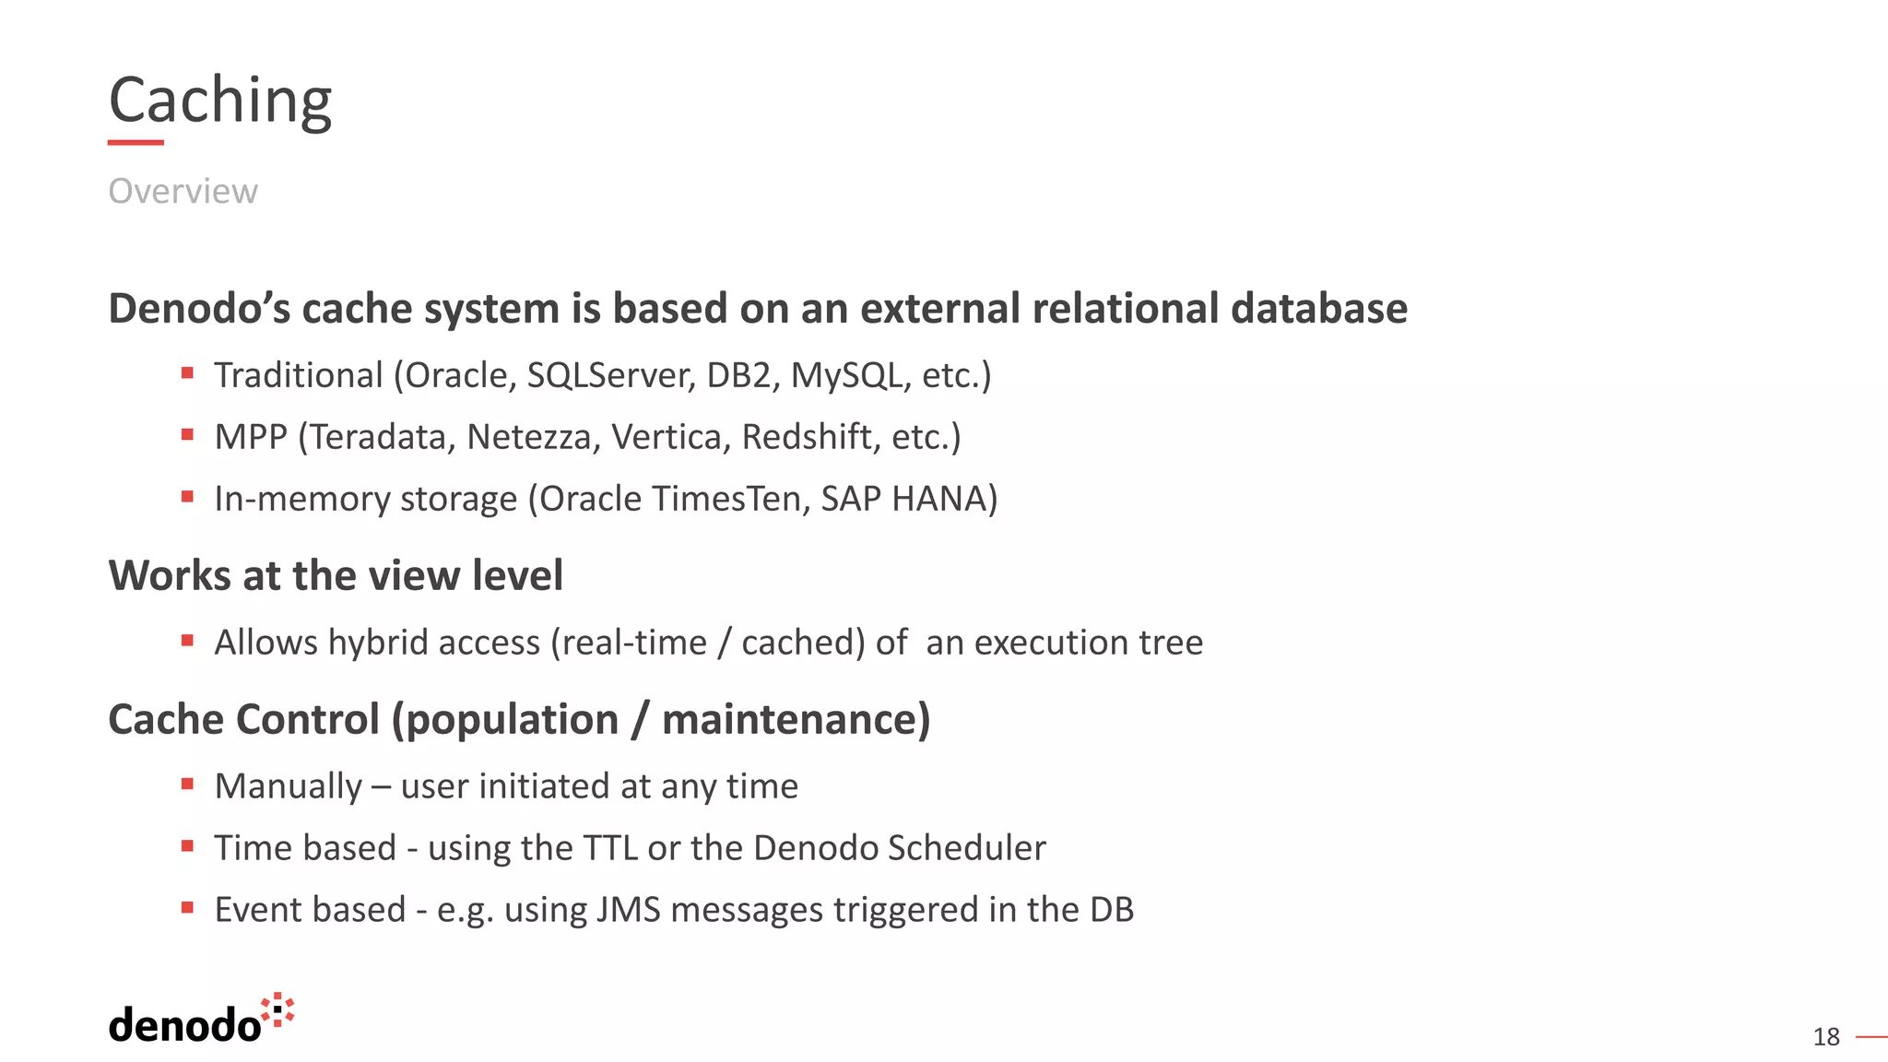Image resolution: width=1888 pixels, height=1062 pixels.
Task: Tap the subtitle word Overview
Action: [183, 191]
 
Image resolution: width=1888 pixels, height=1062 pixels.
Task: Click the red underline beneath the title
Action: [136, 143]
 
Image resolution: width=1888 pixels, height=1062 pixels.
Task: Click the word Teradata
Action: [378, 437]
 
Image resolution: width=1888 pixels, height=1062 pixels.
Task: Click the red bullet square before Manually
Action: [187, 785]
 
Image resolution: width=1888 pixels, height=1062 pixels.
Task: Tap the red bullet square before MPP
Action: [187, 435]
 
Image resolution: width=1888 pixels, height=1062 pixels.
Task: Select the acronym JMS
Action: [628, 910]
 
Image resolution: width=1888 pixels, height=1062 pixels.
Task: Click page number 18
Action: [1825, 1037]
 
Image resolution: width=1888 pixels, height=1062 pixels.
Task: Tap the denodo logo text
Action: [184, 1025]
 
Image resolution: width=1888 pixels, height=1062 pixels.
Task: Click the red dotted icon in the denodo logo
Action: [277, 1010]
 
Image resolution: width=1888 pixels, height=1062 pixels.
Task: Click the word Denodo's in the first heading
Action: [199, 309]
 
